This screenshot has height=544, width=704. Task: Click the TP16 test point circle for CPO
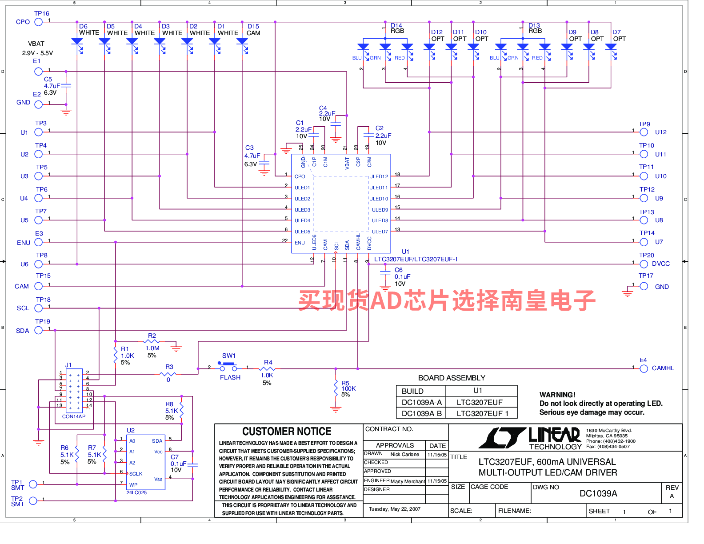click(x=39, y=22)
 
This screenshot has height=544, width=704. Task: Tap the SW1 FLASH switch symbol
click(x=228, y=367)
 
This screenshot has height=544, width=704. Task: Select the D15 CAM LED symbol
click(x=242, y=42)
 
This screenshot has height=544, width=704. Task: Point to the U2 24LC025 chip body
click(x=146, y=462)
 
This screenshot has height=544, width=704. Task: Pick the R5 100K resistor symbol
click(x=336, y=388)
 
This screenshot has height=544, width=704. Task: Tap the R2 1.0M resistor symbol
click(x=152, y=342)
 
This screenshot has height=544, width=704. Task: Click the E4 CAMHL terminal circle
click(x=644, y=368)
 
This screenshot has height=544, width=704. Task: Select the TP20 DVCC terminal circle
click(x=644, y=264)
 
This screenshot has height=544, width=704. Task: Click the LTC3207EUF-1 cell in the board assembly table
click(x=481, y=413)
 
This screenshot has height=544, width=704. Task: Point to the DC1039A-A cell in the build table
click(x=421, y=402)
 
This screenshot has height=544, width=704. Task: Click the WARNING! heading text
click(x=557, y=395)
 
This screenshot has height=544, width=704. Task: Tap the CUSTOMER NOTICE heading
click(x=287, y=432)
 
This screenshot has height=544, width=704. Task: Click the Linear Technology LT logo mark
click(x=502, y=438)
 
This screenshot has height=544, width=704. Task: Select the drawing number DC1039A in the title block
click(x=598, y=493)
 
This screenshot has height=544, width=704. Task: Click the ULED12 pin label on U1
click(x=379, y=176)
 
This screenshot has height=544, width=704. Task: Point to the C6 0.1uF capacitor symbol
click(x=385, y=272)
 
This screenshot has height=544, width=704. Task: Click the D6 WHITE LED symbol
click(x=77, y=42)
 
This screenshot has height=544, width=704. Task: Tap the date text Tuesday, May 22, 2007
click(x=394, y=509)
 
